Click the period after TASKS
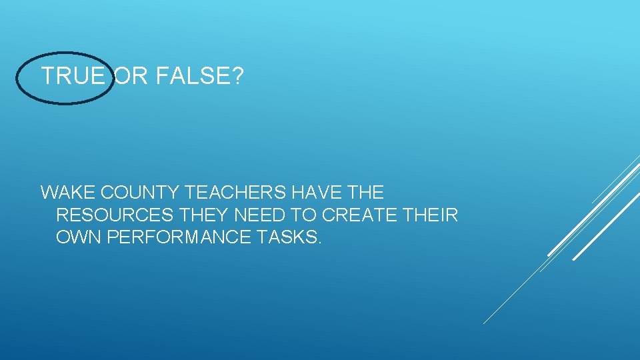click(x=319, y=242)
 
